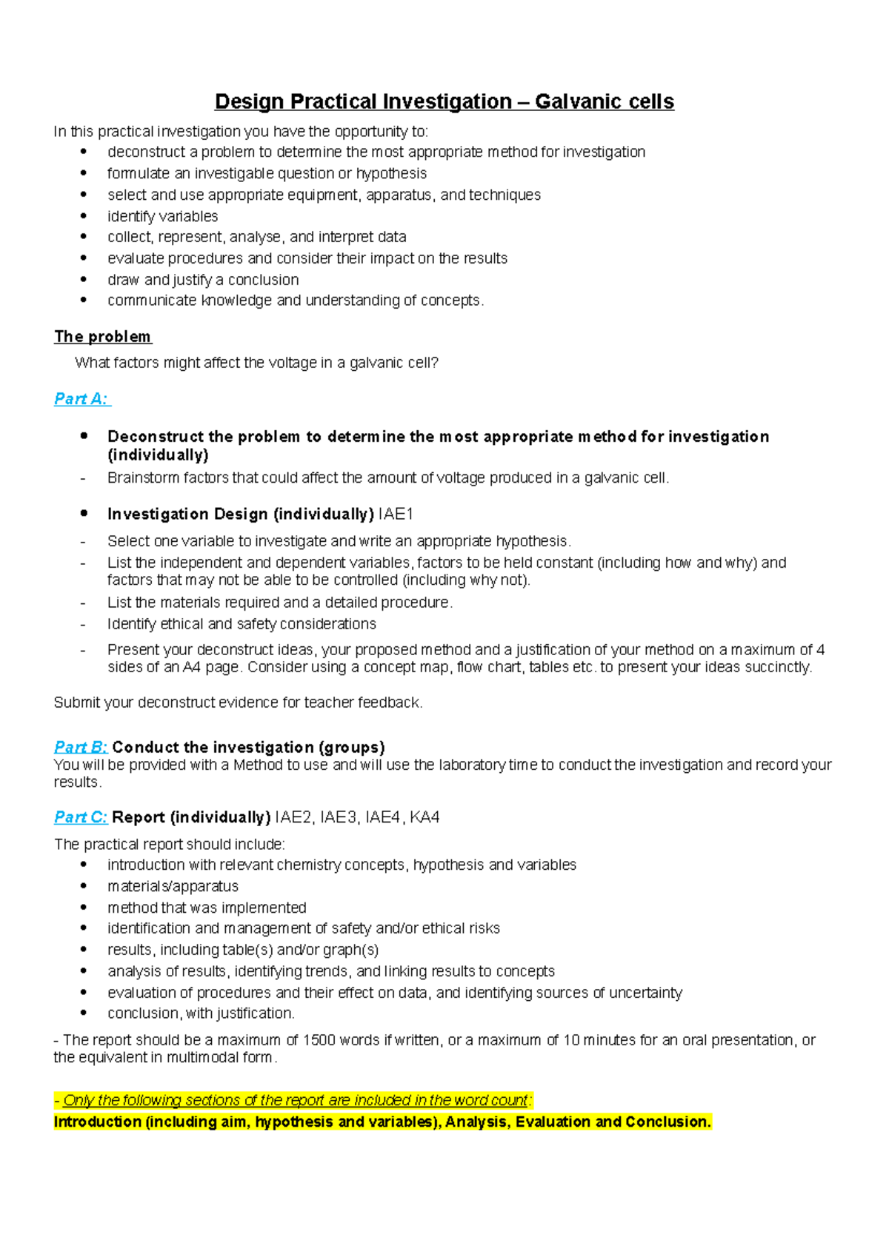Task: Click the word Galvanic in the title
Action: pyautogui.click(x=579, y=101)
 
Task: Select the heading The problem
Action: pyautogui.click(x=102, y=337)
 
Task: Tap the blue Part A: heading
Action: pyautogui.click(x=81, y=399)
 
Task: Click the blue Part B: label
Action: pyautogui.click(x=81, y=747)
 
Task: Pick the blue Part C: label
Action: pyautogui.click(x=81, y=817)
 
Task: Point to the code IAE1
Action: pyautogui.click(x=396, y=514)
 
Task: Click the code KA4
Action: pyautogui.click(x=424, y=817)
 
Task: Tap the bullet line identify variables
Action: pyautogui.click(x=162, y=216)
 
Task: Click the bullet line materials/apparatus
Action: pyautogui.click(x=173, y=886)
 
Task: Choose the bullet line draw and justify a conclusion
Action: pyautogui.click(x=203, y=280)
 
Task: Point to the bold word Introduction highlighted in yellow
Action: pyautogui.click(x=98, y=1122)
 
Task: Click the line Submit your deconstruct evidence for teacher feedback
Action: pyautogui.click(x=238, y=703)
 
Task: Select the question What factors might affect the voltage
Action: pyautogui.click(x=256, y=363)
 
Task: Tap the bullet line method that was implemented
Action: pyautogui.click(x=207, y=908)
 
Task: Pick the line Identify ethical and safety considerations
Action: pyautogui.click(x=242, y=624)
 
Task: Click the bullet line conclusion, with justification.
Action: pyautogui.click(x=201, y=1013)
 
